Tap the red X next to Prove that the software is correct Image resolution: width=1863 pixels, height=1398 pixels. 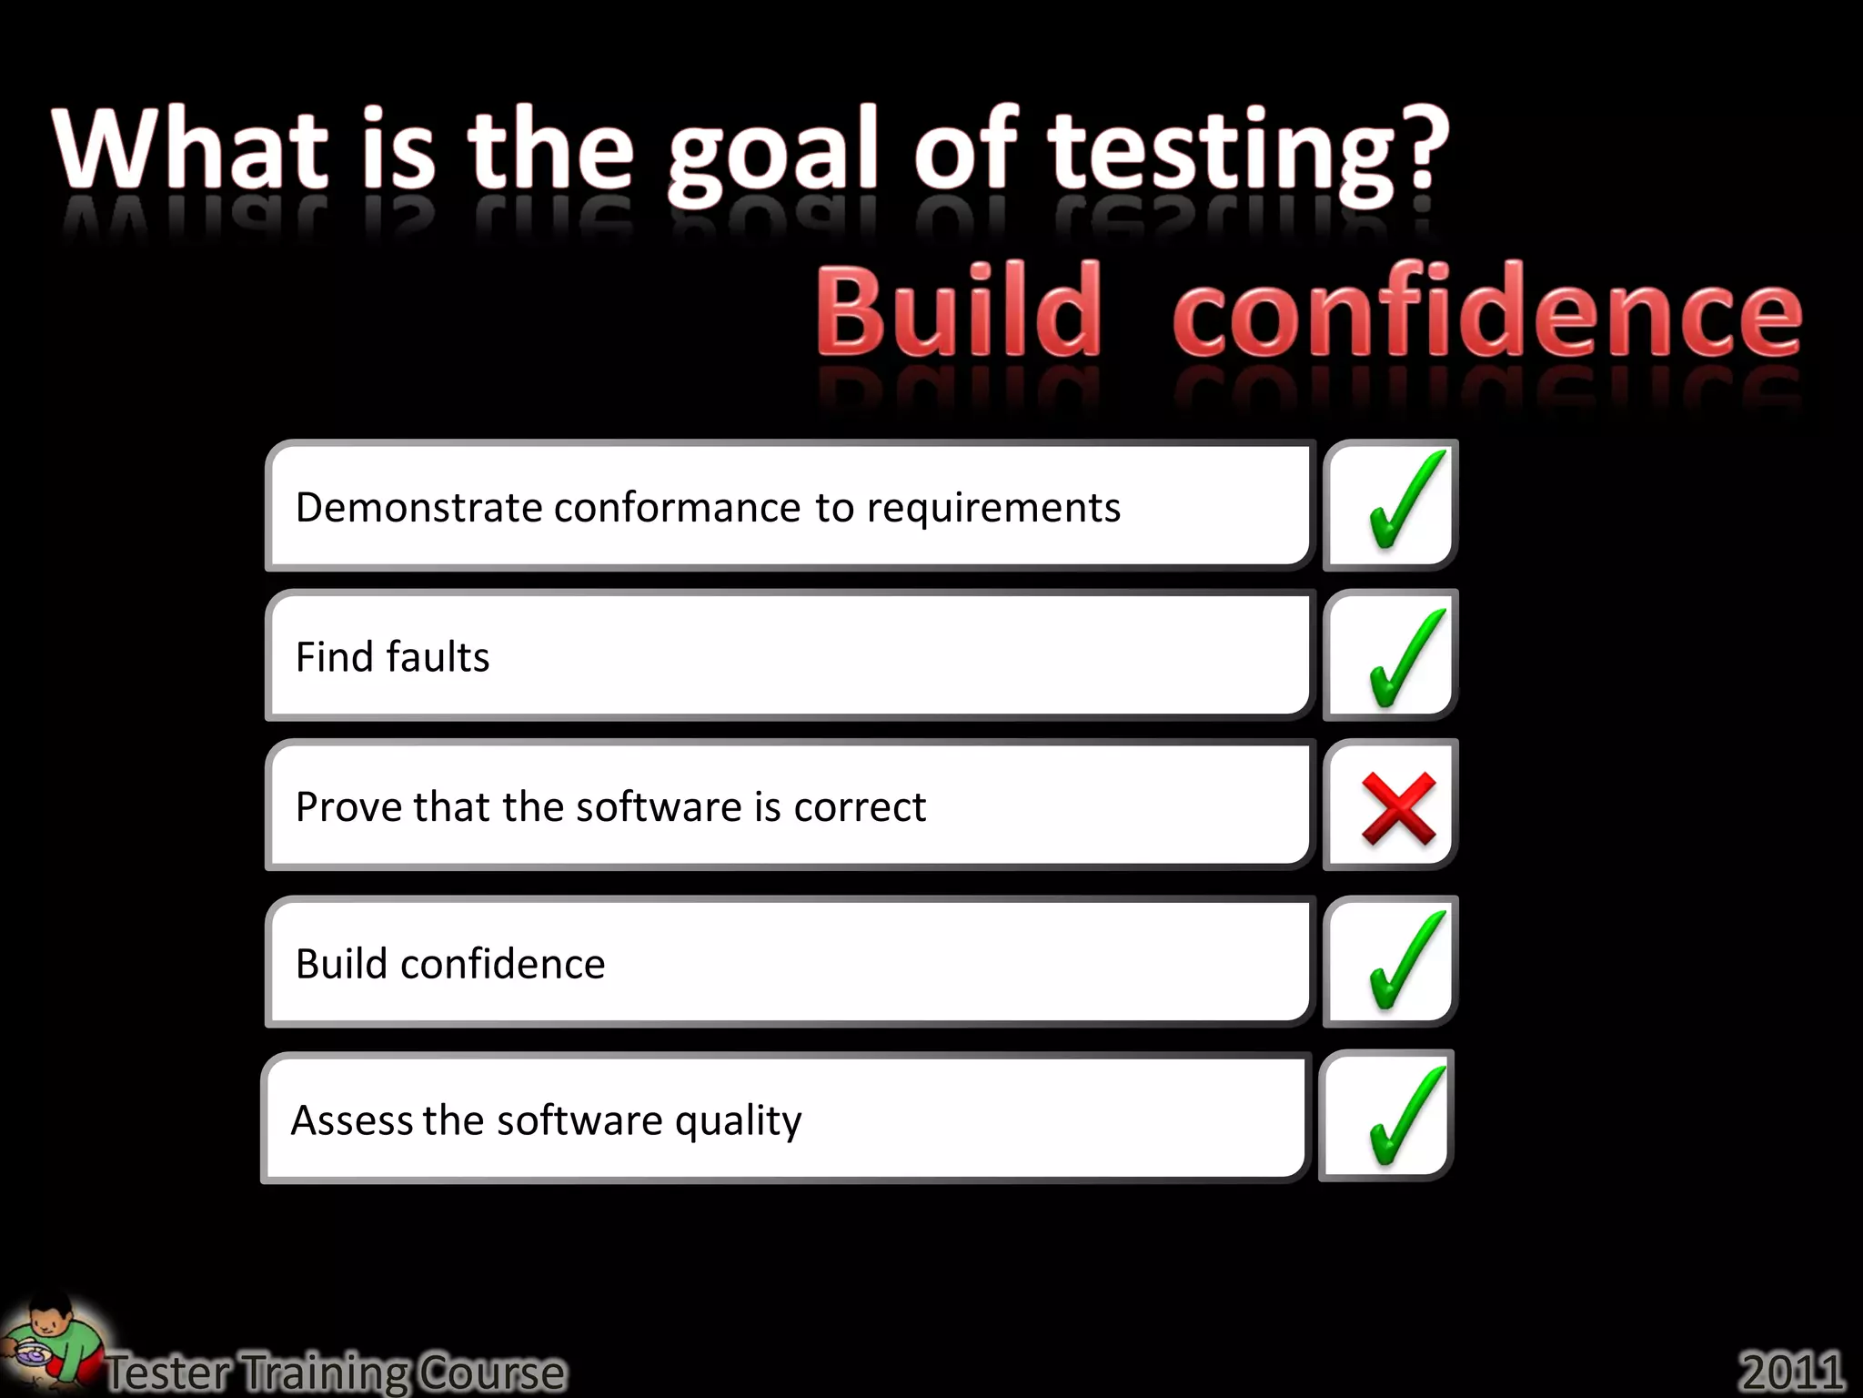click(1398, 807)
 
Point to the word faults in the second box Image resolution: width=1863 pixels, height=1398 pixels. click(438, 657)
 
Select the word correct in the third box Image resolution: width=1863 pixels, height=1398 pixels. click(859, 807)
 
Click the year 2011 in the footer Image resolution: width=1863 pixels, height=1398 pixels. click(1791, 1371)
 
